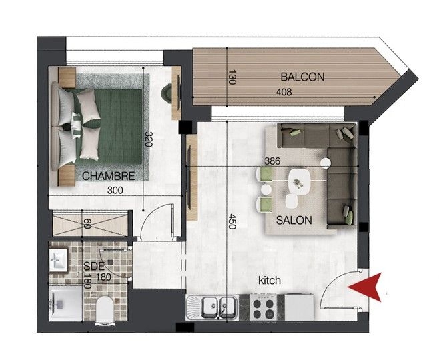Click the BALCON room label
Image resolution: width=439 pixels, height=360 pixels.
tap(302, 77)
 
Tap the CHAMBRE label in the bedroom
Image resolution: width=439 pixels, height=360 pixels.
tap(109, 176)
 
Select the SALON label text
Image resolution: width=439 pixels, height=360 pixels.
tap(294, 221)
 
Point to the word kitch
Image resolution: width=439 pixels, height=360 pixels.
tap(270, 280)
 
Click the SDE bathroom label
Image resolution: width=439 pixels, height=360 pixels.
tap(94, 266)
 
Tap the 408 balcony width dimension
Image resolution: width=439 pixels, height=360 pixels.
tap(284, 92)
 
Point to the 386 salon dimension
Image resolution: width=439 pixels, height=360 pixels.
tap(272, 161)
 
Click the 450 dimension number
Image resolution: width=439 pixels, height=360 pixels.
tap(232, 221)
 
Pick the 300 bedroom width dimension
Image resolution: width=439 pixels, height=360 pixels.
tap(115, 191)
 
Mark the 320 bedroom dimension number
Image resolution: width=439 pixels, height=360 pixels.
tap(149, 139)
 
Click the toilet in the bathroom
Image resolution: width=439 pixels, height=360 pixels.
tap(105, 310)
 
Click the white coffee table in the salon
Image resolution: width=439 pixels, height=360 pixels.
tap(300, 182)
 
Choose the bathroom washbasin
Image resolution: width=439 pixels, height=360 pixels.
tap(59, 260)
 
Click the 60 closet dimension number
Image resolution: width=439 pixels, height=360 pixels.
tap(87, 224)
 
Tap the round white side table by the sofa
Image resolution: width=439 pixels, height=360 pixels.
tap(326, 163)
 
